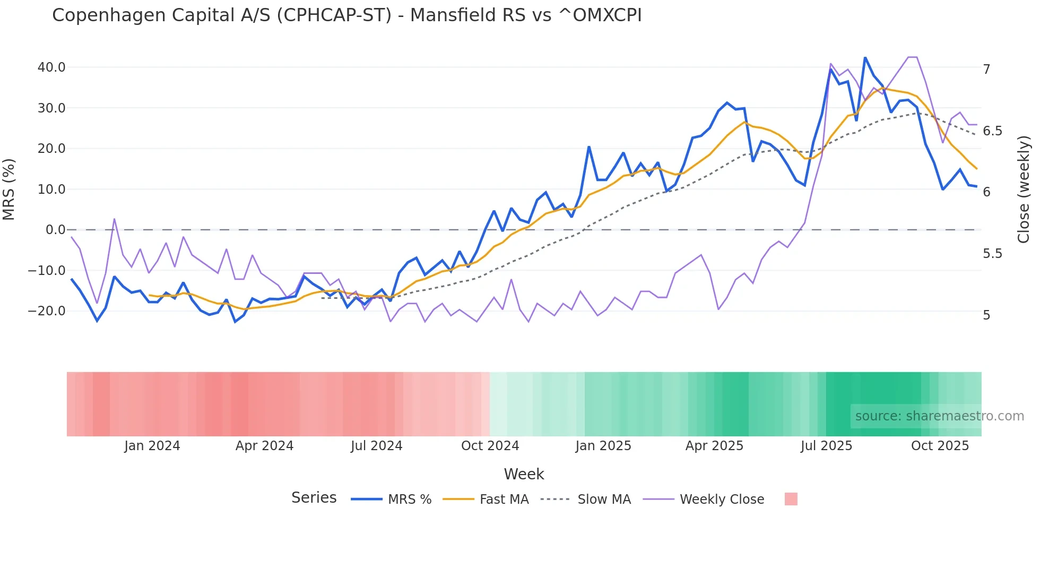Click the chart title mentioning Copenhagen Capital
[346, 15]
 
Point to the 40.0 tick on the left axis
[51, 67]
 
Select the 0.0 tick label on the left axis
[55, 230]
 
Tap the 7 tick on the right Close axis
[986, 70]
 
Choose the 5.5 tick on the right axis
[992, 254]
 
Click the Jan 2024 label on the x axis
[152, 446]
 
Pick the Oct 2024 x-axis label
[490, 446]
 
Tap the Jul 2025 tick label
[826, 446]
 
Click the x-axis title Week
[524, 474]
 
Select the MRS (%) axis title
[9, 189]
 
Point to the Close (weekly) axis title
[1024, 189]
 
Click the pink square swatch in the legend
[791, 499]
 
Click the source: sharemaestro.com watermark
[939, 416]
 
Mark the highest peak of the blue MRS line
[865, 57]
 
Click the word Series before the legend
[314, 498]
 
